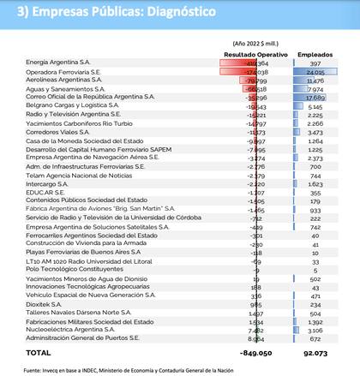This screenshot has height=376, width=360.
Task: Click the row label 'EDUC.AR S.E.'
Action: tap(45, 193)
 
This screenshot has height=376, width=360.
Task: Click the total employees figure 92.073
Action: tap(315, 352)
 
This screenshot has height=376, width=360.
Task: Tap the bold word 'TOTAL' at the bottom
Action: tap(39, 352)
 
